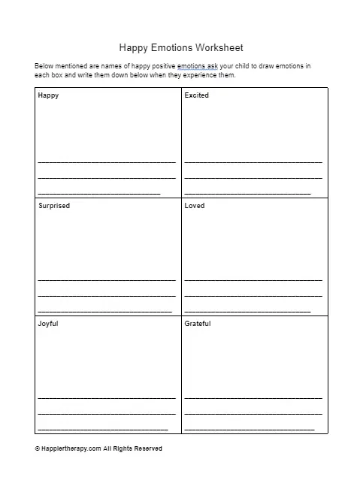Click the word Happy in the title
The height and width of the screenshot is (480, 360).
(x=134, y=47)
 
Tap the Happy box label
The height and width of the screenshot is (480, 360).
(x=48, y=95)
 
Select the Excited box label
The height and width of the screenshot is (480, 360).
(x=196, y=95)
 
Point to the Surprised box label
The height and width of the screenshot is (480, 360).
(x=53, y=206)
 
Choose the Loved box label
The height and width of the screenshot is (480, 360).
(x=194, y=206)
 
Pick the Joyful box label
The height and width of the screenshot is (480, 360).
(x=47, y=324)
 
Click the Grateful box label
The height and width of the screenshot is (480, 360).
(x=198, y=324)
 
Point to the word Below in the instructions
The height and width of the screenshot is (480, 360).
(x=44, y=66)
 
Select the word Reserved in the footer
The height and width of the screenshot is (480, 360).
(x=147, y=448)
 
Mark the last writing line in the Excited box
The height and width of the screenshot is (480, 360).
(x=247, y=194)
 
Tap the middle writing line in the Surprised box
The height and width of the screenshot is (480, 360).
(x=106, y=295)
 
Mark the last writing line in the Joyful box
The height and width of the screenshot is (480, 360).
(x=102, y=429)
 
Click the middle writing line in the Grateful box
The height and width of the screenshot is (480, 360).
(x=253, y=413)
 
